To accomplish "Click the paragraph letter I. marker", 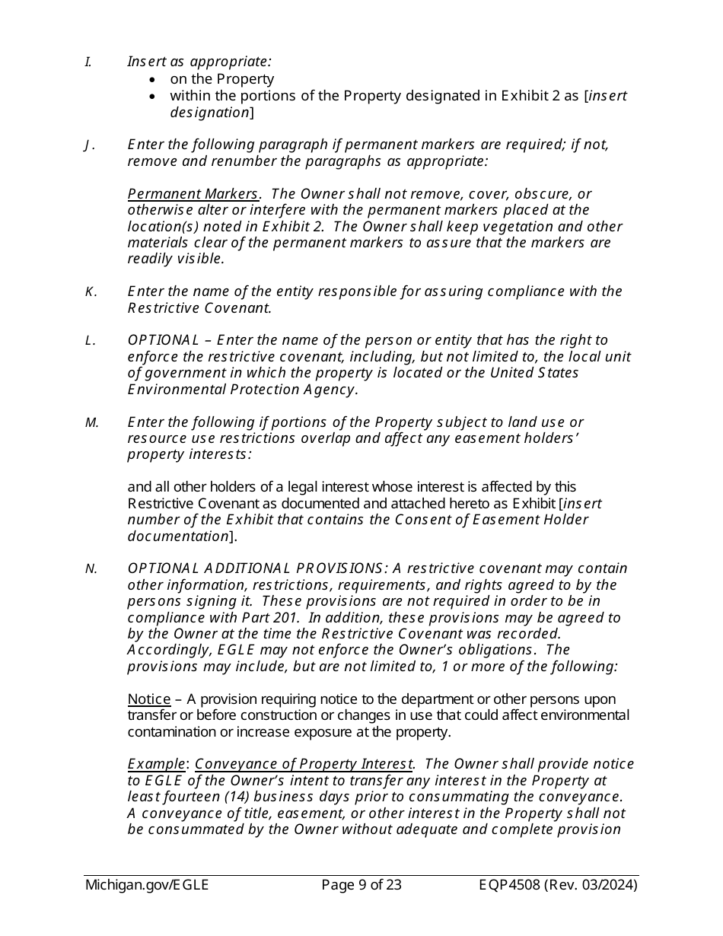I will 88,62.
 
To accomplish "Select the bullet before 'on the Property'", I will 154,79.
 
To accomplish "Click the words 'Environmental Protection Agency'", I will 241,390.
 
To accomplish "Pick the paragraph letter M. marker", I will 91,422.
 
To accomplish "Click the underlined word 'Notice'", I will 149,699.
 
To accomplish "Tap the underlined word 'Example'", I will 157,764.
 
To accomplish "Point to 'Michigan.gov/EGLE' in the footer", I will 147,885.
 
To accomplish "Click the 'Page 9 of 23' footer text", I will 361,885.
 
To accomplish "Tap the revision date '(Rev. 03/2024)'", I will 591,885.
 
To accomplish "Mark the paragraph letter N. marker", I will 91,568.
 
